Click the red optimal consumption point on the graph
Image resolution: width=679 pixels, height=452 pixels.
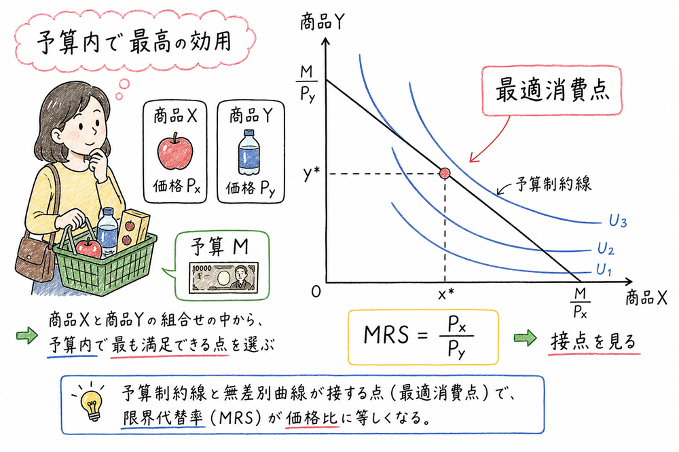[x=445, y=174]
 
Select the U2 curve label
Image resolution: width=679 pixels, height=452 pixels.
[x=605, y=250]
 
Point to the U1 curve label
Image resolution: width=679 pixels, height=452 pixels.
[x=604, y=269]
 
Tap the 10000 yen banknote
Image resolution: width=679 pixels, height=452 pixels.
[x=221, y=278]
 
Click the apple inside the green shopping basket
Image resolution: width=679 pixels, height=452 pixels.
[x=88, y=248]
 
